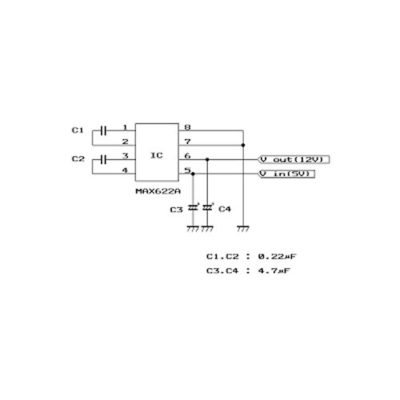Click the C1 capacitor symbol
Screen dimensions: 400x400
pyautogui.click(x=103, y=131)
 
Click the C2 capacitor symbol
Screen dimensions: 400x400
pyautogui.click(x=103, y=159)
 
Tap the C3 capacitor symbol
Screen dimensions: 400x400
pyautogui.click(x=193, y=207)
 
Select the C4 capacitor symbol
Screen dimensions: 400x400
pyautogui.click(x=207, y=207)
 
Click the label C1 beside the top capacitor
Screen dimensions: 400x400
pyautogui.click(x=78, y=130)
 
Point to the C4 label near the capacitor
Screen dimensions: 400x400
pyautogui.click(x=225, y=209)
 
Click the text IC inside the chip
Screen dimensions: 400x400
pyautogui.click(x=156, y=155)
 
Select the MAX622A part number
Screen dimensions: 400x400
pyautogui.click(x=158, y=191)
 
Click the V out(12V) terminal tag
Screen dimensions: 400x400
pyautogui.click(x=294, y=160)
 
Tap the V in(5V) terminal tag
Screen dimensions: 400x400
pyautogui.click(x=287, y=174)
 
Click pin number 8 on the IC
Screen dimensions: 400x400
pyautogui.click(x=187, y=127)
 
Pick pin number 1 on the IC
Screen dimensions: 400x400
pyautogui.click(x=125, y=127)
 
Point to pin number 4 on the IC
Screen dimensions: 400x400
pyautogui.click(x=125, y=170)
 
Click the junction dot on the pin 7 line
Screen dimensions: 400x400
pyautogui.click(x=243, y=145)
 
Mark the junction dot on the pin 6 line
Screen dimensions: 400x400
pyautogui.click(x=207, y=159)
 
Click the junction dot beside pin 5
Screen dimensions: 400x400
pyautogui.click(x=193, y=174)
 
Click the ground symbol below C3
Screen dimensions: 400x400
pyautogui.click(x=193, y=229)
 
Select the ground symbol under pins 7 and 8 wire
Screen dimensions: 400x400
pyautogui.click(x=243, y=229)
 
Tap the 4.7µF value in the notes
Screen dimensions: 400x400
pyautogui.click(x=274, y=271)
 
